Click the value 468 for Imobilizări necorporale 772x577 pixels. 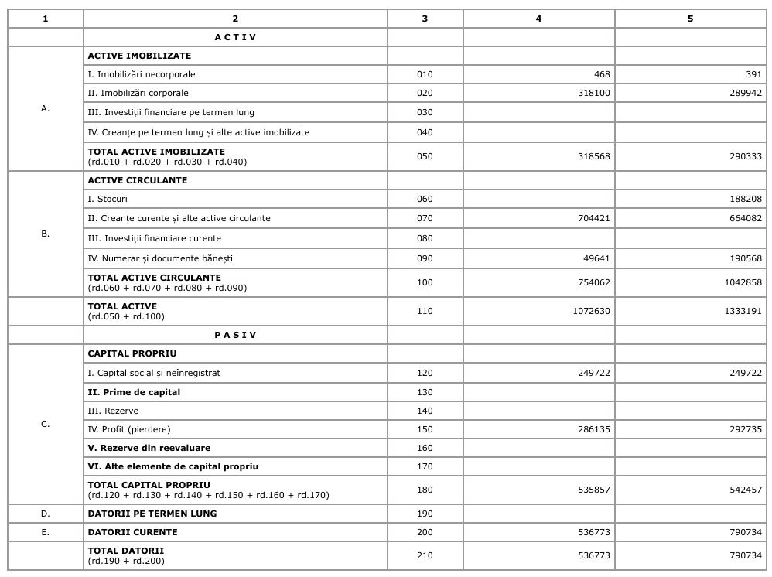point(602,74)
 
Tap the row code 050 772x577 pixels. point(425,156)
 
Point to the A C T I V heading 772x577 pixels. point(235,37)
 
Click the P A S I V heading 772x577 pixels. point(235,335)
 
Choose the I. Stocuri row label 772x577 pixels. point(108,199)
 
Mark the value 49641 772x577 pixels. point(596,258)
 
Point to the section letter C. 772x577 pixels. point(46,424)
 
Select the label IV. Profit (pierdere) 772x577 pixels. point(129,429)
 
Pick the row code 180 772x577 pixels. point(425,490)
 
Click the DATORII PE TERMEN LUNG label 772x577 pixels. point(152,514)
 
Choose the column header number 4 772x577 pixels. point(538,19)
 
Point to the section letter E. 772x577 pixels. point(46,532)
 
